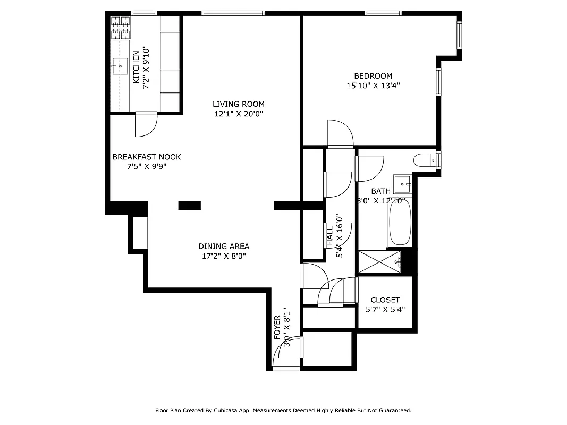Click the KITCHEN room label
(x=136, y=67)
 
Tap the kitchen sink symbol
(x=120, y=67)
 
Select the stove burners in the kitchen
(x=120, y=28)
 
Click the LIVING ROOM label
(x=239, y=104)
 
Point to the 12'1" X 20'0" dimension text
(x=239, y=114)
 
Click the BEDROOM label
(x=373, y=76)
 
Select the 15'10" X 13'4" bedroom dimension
(x=373, y=86)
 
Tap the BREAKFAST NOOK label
(x=147, y=157)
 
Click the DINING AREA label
(x=224, y=246)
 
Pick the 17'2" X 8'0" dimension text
(x=224, y=256)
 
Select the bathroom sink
(x=403, y=184)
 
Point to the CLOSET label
(x=385, y=300)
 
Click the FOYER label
(x=277, y=327)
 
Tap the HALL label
(x=329, y=236)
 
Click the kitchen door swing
(x=146, y=124)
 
